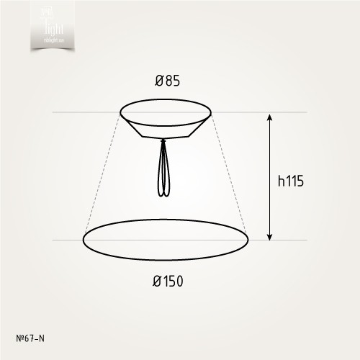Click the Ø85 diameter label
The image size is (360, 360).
pos(167,81)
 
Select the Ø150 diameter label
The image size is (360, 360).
pos(167,281)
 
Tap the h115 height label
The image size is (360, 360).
pos(292,181)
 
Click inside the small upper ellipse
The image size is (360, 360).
pos(166,112)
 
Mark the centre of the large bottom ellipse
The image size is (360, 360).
pos(166,239)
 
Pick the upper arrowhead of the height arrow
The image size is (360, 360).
pos(270,117)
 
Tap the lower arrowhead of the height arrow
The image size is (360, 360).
pos(270,236)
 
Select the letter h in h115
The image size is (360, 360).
pos(281,181)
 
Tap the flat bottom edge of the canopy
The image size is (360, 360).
pos(166,138)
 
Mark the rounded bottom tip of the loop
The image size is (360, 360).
pos(164,194)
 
